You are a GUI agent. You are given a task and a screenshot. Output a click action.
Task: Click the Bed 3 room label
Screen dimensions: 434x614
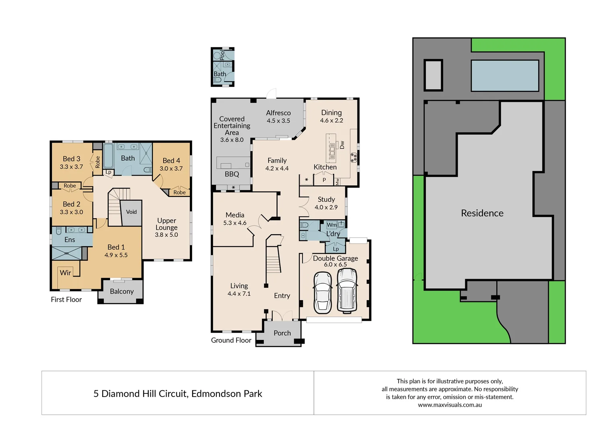[x=72, y=159]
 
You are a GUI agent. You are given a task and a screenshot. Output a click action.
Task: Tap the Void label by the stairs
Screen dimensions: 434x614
[x=131, y=212]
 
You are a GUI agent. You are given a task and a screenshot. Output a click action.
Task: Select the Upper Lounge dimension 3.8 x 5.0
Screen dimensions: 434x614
[x=166, y=235]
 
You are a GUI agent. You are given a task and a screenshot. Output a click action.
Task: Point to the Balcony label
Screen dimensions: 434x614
[x=121, y=291]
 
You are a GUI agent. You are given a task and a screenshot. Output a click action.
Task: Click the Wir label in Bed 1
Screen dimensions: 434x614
[x=66, y=273]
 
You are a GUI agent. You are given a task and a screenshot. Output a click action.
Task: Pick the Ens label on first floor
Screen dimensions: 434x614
[x=70, y=240]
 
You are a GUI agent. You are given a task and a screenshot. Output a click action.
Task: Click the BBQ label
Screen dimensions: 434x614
[x=232, y=174]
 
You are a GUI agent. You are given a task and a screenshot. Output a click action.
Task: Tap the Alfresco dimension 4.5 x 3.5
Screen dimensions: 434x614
[x=278, y=121]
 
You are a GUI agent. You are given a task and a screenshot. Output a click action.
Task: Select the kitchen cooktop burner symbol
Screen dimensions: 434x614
[x=353, y=158]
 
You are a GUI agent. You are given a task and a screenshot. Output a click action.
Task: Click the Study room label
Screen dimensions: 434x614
[x=326, y=199]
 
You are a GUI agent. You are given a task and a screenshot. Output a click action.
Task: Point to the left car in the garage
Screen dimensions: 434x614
[x=323, y=293]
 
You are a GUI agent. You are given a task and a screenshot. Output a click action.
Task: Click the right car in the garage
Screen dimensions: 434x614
[x=347, y=291]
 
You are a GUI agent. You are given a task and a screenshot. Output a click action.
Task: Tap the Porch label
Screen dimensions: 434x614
[x=282, y=333]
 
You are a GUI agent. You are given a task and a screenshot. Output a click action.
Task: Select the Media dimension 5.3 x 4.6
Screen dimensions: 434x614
[x=235, y=223]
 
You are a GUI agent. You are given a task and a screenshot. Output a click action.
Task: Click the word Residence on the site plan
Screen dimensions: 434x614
[x=482, y=213]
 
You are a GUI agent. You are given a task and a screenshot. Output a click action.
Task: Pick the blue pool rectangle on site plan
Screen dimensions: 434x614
[x=505, y=76]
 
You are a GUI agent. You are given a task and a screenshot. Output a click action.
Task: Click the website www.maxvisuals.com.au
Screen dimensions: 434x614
[x=450, y=405]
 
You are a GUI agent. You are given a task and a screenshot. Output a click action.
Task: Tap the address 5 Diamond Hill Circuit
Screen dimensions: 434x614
[x=177, y=394]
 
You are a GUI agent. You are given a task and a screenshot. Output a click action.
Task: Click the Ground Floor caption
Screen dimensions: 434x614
[x=231, y=340]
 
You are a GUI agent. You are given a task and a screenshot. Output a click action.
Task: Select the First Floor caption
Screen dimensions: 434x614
[x=66, y=300]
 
